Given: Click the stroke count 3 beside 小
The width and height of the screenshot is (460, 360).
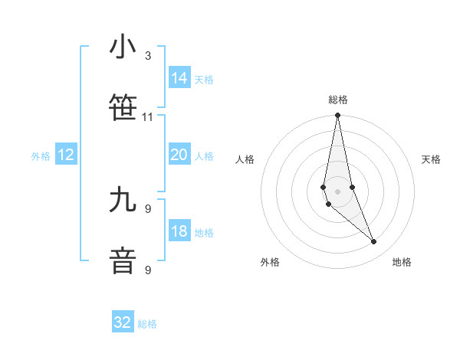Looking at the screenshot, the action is [148, 56].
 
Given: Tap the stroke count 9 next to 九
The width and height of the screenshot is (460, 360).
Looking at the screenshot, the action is [148, 208].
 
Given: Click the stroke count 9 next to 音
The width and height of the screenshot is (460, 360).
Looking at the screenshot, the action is [148, 270].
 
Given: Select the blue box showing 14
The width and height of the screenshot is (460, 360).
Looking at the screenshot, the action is [179, 78].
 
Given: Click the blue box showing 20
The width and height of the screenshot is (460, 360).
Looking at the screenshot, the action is [179, 155].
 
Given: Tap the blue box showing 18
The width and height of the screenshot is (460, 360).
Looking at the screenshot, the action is [179, 231].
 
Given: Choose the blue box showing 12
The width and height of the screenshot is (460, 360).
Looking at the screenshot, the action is [66, 155].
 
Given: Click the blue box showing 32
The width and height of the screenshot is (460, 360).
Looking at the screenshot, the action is [123, 322].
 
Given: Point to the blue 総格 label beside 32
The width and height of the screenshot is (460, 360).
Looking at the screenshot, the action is [147, 324].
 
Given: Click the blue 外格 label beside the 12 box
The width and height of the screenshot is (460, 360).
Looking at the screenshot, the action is [41, 156].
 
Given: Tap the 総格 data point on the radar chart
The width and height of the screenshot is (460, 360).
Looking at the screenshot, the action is [337, 116].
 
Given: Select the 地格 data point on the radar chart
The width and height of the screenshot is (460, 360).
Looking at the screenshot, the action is [374, 242].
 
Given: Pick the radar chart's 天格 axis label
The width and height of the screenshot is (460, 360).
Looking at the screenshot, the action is [431, 159].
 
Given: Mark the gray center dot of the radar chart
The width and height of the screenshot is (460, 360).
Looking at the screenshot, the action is [337, 191].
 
